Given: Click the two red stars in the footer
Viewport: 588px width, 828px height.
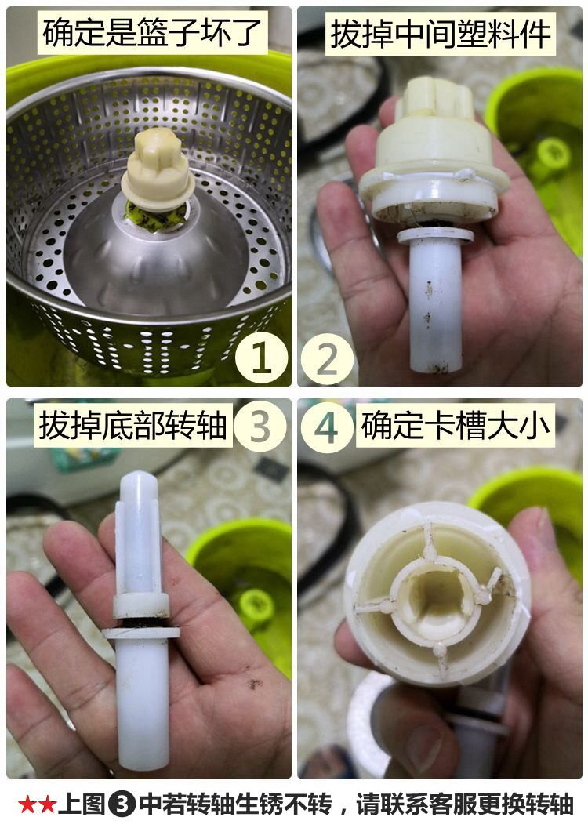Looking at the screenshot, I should coord(37,804).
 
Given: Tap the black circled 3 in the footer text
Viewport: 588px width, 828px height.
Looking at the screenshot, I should coord(122,804).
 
